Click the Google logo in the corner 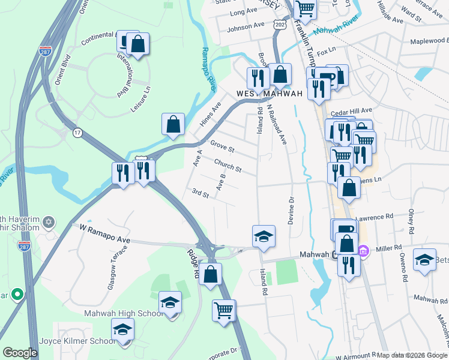[20, 353]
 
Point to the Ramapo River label [208, 70]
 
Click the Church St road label [228, 166]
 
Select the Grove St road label [222, 146]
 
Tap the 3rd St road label [200, 194]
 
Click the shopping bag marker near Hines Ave [173, 124]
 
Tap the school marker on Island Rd [263, 236]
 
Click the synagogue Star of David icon [49, 224]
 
